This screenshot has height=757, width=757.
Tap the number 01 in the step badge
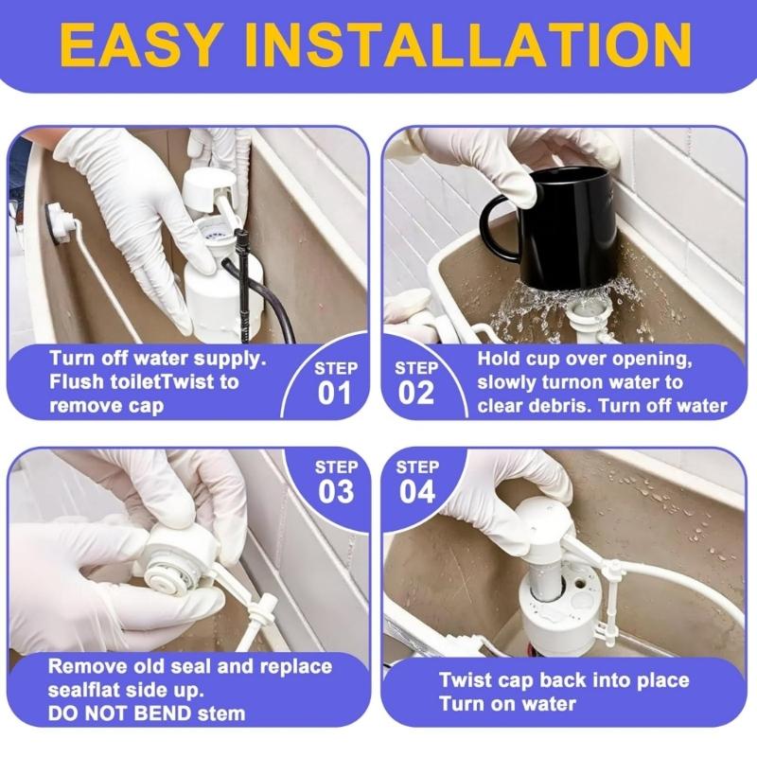pos(335,394)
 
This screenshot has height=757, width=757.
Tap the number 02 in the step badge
pos(416,394)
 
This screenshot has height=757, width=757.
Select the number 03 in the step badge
pos(335,491)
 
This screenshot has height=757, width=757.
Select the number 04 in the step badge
pos(416,491)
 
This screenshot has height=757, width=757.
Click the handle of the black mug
pos(498,227)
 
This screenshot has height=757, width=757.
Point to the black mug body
pos(568,227)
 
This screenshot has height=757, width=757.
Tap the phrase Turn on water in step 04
pos(507,704)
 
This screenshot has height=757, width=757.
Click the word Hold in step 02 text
pos(499,359)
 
